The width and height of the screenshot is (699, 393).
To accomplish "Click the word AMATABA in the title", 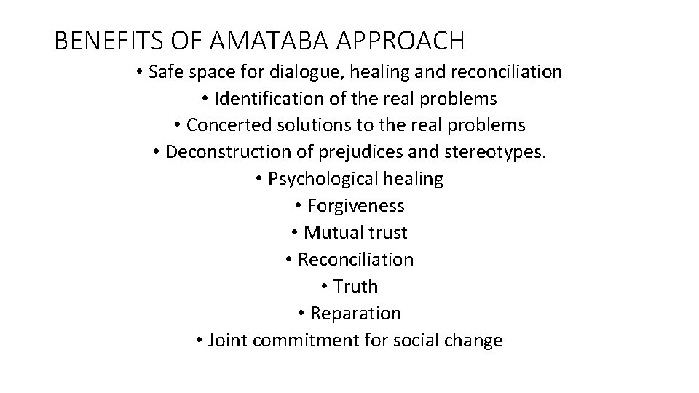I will click(x=264, y=41).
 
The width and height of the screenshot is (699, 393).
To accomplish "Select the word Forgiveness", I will click(x=355, y=206).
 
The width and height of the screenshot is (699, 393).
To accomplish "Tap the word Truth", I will click(x=355, y=287).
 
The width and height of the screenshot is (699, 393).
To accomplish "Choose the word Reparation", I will click(x=355, y=314).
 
